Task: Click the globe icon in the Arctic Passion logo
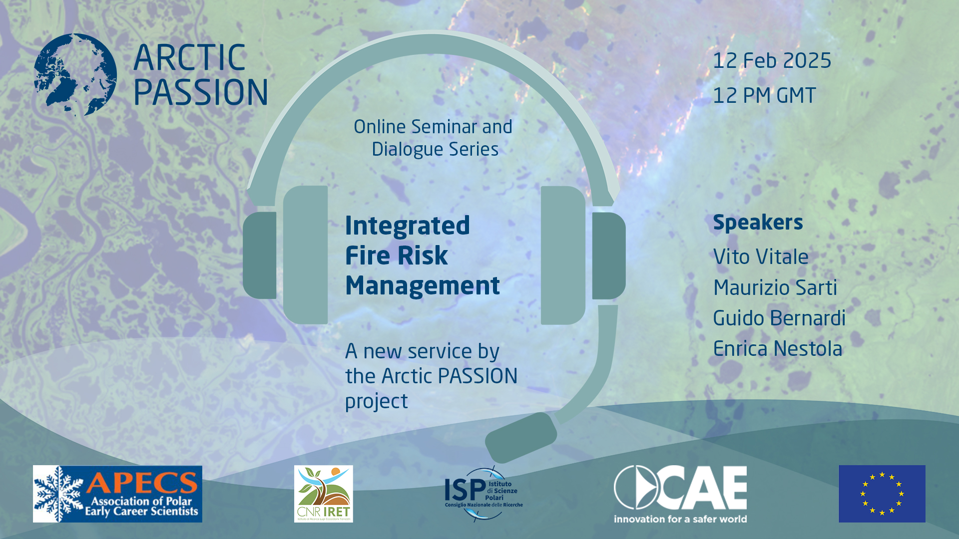point(75,75)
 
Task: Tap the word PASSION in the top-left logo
point(200,92)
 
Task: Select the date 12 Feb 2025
point(772,61)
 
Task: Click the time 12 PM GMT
point(764,95)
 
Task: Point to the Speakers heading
point(758,223)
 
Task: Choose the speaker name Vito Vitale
point(761,257)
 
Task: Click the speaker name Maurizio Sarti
point(775,287)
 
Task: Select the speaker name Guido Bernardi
point(779,318)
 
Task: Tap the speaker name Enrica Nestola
point(777,349)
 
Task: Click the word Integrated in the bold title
point(407,226)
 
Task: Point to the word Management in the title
point(422,285)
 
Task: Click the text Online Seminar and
point(433,127)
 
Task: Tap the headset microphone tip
point(520,437)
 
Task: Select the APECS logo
point(117,494)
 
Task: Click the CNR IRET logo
point(323,494)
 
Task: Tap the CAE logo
point(680,494)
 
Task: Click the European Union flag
point(882,494)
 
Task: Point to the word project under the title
point(376,402)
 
